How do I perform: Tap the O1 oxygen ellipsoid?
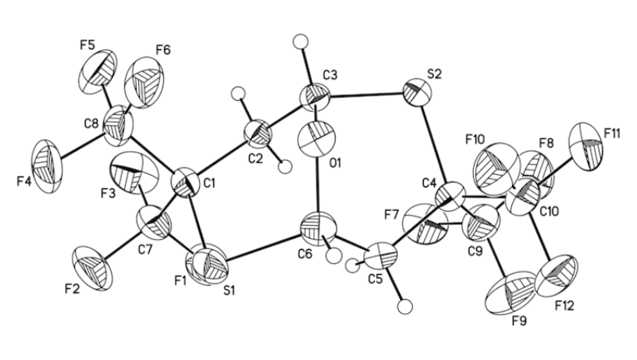coord(318,141)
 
